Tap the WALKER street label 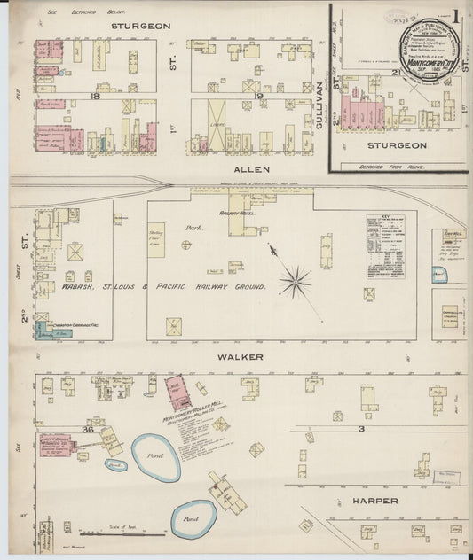click(x=235, y=356)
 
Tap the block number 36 click(x=87, y=429)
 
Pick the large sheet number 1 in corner click(x=455, y=15)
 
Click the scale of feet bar click(x=122, y=533)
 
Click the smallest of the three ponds click(x=114, y=464)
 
